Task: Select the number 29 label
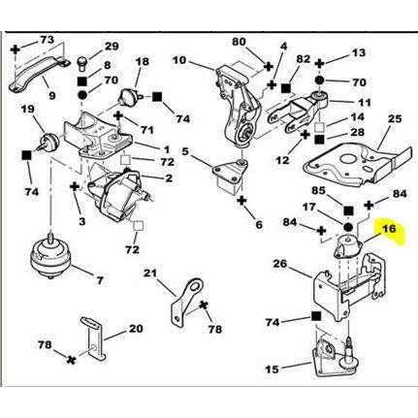pyautogui.click(x=112, y=46)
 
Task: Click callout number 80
pyautogui.click(x=240, y=42)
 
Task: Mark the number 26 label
pyautogui.click(x=279, y=263)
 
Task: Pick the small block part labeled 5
pyautogui.click(x=227, y=177)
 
